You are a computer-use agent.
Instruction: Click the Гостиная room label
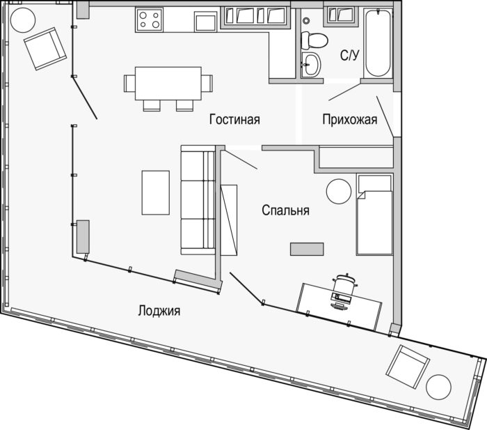234,119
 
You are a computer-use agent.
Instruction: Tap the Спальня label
285,210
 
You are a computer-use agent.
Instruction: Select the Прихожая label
350,119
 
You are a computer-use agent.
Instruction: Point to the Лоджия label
159,311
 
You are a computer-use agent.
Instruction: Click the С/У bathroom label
349,55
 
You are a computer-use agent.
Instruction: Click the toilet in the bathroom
314,40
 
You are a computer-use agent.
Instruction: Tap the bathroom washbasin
310,64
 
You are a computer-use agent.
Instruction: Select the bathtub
377,43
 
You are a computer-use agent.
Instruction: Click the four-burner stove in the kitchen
149,20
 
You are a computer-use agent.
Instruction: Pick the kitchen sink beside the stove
205,22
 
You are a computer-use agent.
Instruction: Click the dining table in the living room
168,83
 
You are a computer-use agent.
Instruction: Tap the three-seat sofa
198,200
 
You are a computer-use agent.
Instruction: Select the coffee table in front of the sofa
156,192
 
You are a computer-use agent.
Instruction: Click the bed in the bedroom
374,215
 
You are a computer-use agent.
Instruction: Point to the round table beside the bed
339,192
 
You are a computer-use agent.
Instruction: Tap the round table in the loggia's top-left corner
23,20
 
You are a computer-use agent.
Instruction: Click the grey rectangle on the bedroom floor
307,249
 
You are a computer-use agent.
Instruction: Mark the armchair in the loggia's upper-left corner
45,49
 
